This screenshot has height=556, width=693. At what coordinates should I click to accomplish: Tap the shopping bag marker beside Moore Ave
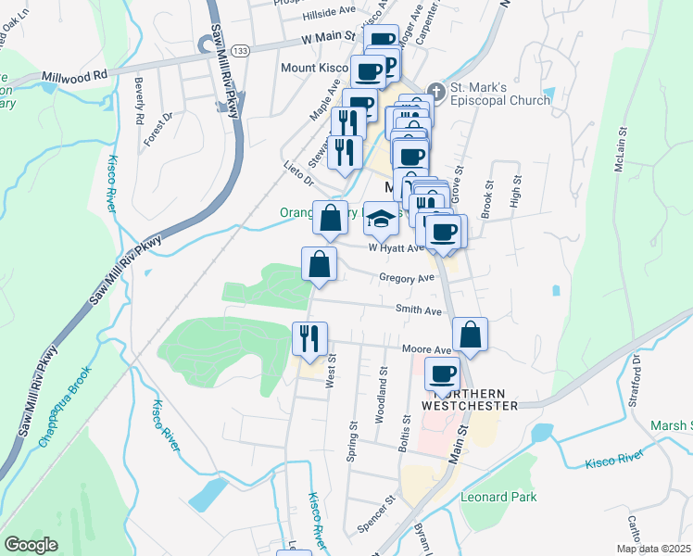pos(471,335)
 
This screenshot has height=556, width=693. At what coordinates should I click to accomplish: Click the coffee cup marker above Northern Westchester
pos(442,375)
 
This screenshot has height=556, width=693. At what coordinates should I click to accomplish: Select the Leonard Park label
pos(498,497)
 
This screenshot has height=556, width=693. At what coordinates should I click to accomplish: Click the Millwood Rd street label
pos(74,75)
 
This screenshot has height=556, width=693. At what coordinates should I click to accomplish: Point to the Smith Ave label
pos(419,310)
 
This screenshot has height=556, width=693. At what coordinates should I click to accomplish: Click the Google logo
pos(31,545)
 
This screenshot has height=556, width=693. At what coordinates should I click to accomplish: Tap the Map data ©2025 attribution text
pos(653,549)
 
